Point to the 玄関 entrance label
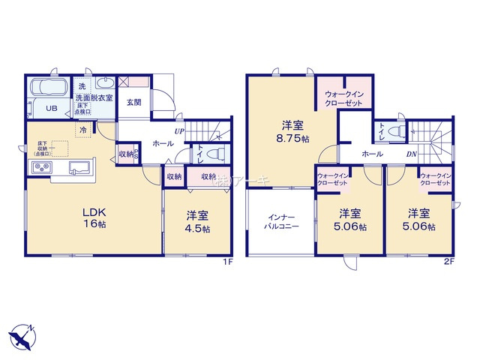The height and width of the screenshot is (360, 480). click(x=134, y=103)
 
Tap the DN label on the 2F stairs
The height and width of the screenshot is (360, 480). click(x=411, y=154)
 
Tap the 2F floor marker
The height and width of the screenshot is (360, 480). click(x=448, y=261)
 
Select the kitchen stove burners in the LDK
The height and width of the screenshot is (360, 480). click(x=39, y=167)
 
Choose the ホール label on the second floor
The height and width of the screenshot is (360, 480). click(x=373, y=154)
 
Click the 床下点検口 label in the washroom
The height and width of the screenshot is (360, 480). click(x=83, y=112)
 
